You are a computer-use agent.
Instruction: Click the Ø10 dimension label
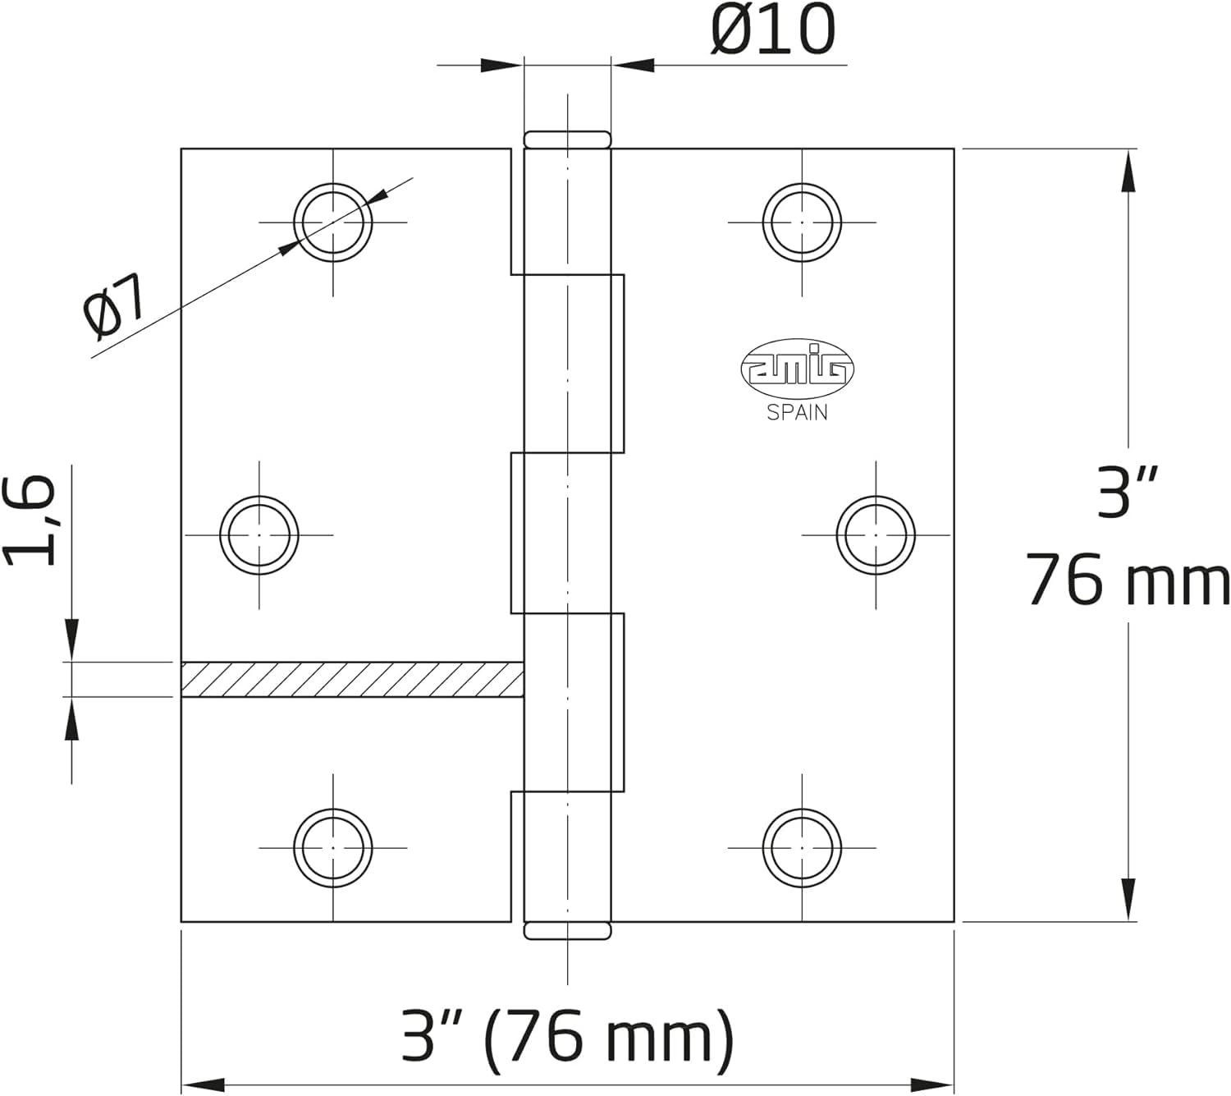click(773, 30)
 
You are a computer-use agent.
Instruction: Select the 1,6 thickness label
click(30, 520)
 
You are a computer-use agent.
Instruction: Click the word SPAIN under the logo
click(797, 413)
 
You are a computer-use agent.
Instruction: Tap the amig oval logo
click(797, 369)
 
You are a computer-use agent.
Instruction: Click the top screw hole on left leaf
click(333, 222)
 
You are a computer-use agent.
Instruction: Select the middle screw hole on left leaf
click(259, 535)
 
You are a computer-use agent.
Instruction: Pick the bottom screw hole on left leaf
click(333, 848)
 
